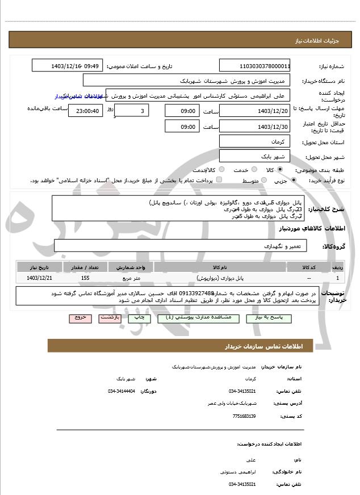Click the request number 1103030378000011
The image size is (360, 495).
point(254,66)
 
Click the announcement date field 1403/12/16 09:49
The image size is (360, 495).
point(66,66)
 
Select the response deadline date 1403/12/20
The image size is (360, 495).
point(254,110)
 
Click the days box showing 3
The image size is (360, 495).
point(132,110)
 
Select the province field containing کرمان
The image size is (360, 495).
point(254,141)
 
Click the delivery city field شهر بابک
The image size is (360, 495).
point(254,156)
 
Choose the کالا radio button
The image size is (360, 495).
point(279,169)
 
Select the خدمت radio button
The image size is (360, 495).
point(254,169)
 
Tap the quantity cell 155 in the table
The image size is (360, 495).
point(85,278)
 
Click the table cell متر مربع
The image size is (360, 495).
point(131,278)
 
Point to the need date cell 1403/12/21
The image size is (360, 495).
point(39,278)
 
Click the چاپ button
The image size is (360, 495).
point(140,318)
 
